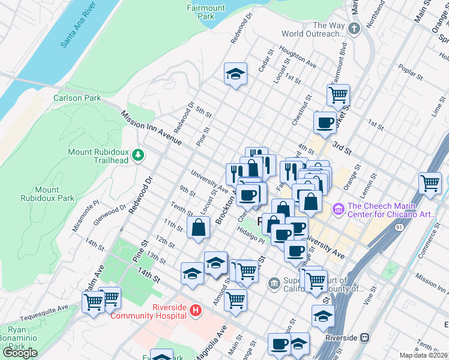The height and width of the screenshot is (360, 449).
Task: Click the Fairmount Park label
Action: [x=205, y=12]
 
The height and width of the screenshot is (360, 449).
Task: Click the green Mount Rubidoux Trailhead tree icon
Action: [x=139, y=155]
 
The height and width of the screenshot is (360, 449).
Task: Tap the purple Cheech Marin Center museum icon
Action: [x=337, y=208]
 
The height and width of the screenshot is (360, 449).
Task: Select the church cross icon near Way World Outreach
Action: [x=354, y=28]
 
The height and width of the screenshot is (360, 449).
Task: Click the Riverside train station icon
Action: [x=364, y=337]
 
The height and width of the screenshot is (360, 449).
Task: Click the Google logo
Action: [x=20, y=353]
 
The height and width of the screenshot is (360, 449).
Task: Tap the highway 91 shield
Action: [x=382, y=229]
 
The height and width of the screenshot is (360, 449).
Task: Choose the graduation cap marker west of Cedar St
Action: [x=235, y=74]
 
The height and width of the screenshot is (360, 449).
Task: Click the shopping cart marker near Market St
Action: [x=338, y=94]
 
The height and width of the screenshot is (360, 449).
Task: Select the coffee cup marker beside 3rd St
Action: [x=325, y=122]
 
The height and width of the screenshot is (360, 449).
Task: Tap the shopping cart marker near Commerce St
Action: [x=430, y=184]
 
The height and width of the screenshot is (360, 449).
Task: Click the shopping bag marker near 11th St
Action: [x=198, y=227]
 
